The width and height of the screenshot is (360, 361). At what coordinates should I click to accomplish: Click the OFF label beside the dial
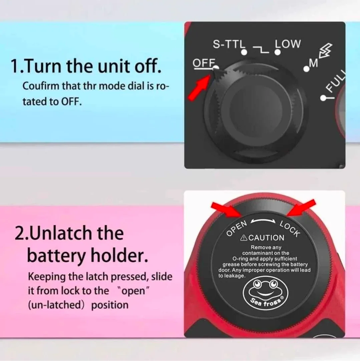tap(204, 63)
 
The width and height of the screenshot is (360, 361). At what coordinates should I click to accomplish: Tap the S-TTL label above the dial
tap(228, 44)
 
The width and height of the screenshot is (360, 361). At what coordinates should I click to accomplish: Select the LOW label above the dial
tap(288, 44)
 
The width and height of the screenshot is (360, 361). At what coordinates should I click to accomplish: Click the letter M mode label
tap(313, 63)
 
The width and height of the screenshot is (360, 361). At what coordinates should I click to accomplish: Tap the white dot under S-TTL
tap(244, 52)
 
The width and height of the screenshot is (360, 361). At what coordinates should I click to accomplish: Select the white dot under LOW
tap(278, 52)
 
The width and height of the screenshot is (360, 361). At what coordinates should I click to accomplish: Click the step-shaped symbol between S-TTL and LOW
tap(261, 49)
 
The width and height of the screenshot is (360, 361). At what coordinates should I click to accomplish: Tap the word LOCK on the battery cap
tap(290, 229)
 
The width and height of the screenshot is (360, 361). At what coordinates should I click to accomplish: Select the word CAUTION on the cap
tap(266, 238)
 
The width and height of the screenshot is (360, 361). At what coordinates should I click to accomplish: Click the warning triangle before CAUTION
tap(244, 238)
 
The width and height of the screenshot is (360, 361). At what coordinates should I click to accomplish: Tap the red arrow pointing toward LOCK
tap(301, 208)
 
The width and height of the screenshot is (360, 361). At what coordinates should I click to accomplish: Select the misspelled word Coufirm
tap(41, 86)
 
